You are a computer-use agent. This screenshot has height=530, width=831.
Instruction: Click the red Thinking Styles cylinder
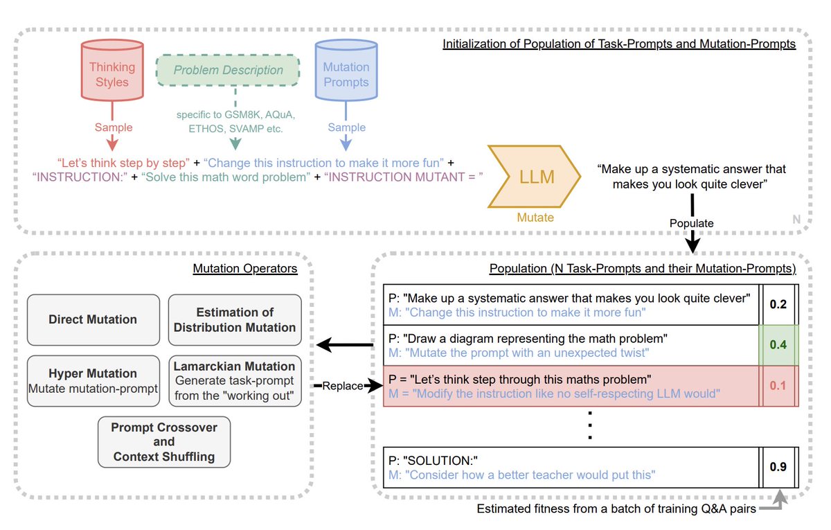click(x=112, y=71)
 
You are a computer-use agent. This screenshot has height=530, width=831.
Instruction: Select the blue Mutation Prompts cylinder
click(x=346, y=71)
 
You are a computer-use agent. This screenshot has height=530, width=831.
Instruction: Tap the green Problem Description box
click(x=228, y=70)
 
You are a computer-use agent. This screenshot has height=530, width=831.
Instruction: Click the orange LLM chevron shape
click(x=534, y=176)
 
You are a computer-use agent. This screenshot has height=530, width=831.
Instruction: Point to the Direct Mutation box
click(x=93, y=319)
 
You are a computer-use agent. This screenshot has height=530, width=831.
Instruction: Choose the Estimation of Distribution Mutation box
click(x=235, y=319)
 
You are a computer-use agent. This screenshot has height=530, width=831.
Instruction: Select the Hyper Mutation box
click(x=93, y=381)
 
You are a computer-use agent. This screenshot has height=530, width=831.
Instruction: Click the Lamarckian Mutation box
click(x=235, y=381)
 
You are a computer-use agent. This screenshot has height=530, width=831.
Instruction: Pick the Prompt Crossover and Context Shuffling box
click(x=164, y=442)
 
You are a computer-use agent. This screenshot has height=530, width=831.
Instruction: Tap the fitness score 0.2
click(x=778, y=304)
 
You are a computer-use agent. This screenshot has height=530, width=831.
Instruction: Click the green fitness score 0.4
click(x=778, y=345)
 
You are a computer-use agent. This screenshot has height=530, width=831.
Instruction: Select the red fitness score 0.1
click(x=778, y=386)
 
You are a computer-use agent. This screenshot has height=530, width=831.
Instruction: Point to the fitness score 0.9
click(x=778, y=466)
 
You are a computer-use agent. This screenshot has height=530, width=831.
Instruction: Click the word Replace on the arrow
click(x=342, y=386)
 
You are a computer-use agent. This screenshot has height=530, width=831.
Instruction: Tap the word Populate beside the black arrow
click(x=692, y=223)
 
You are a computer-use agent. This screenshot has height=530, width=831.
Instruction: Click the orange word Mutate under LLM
click(x=535, y=217)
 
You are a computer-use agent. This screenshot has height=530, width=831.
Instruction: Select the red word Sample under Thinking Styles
click(x=114, y=127)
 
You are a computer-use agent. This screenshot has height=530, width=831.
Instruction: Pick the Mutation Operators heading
click(x=245, y=268)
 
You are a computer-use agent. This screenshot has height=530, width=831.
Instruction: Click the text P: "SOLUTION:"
click(x=433, y=461)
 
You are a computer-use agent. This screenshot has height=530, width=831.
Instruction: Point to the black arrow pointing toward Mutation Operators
click(x=345, y=345)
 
